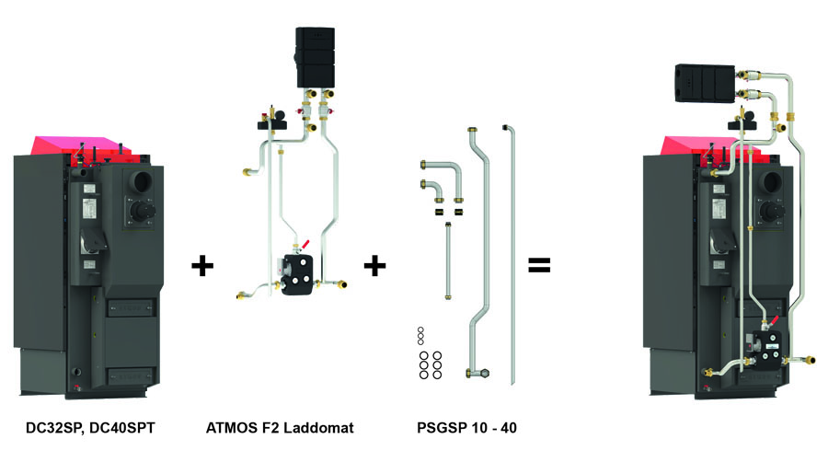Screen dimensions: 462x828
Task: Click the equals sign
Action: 538,267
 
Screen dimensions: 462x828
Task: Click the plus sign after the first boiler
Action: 201,268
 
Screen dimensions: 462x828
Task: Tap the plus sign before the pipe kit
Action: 374,268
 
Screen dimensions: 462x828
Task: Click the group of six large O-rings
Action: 429,364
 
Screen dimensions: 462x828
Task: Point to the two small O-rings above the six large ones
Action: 420,335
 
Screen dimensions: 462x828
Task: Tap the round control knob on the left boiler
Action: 140,214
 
